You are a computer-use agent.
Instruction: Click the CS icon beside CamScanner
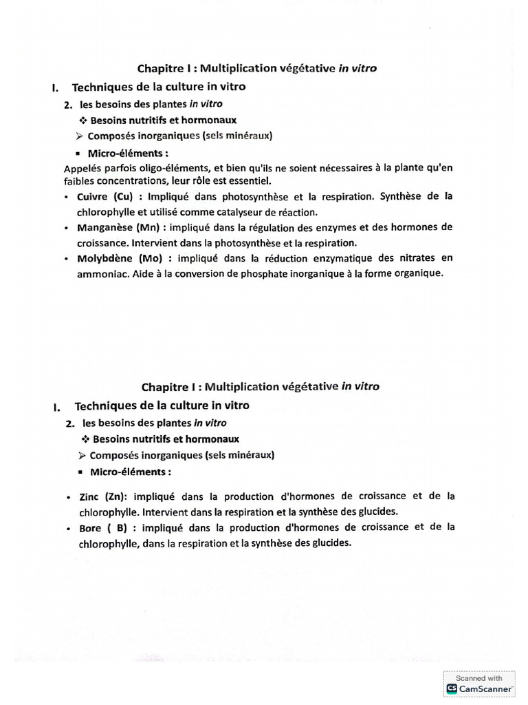tap(452, 688)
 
